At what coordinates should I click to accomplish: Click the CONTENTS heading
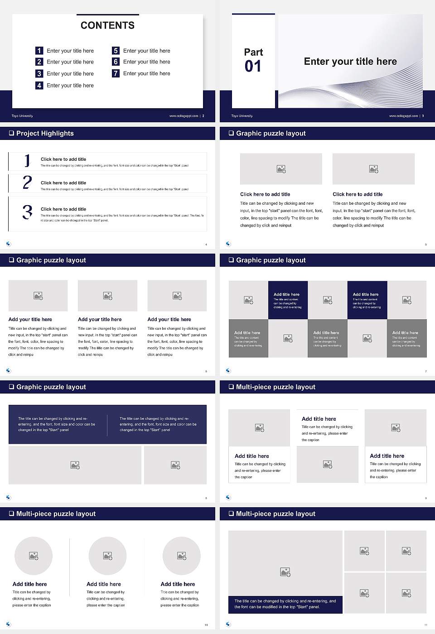coord(107,25)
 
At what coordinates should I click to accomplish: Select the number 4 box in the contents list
coord(39,85)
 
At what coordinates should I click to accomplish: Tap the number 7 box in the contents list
coord(116,73)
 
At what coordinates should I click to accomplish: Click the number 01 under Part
coord(253,67)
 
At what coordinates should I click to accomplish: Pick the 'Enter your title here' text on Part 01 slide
coord(350,62)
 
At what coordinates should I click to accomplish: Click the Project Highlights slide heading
coord(45,133)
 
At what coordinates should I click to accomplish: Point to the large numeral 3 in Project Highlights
coord(27,212)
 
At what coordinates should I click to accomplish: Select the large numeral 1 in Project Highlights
coord(27,160)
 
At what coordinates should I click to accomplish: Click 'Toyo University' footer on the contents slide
coord(22,116)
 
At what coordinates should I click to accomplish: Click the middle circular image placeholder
coord(107,556)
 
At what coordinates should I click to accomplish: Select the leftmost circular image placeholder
coord(34,556)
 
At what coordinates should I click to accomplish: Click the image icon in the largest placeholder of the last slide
coord(285,572)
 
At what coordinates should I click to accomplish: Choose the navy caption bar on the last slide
coord(285,604)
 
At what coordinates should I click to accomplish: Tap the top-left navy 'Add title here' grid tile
coord(288,300)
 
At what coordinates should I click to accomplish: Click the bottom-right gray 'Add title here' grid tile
coord(406,338)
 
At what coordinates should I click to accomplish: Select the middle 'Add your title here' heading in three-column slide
coord(100,319)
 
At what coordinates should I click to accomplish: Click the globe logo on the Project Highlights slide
coord(9,244)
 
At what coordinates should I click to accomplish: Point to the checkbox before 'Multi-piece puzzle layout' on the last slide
coord(231,514)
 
